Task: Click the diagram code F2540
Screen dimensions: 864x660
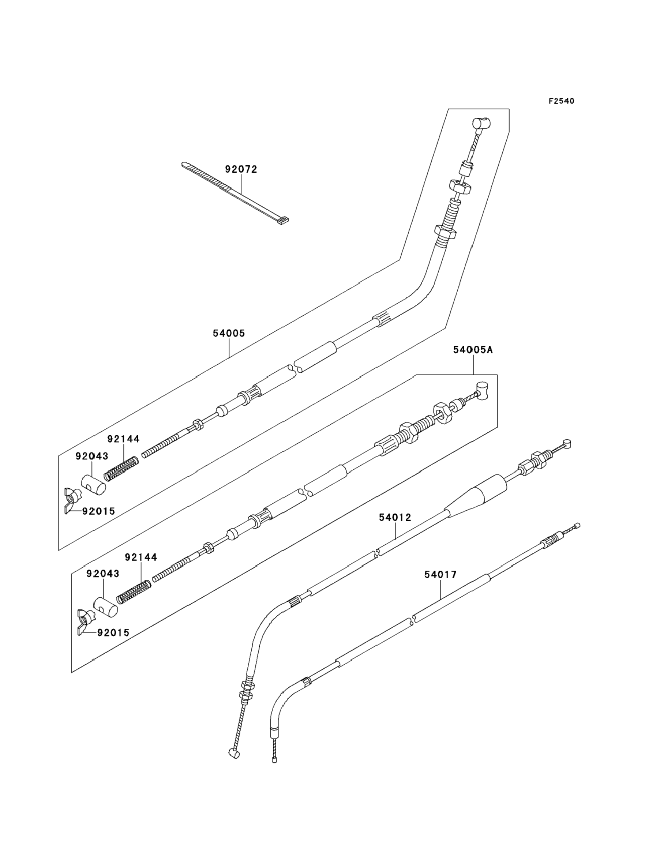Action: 561,101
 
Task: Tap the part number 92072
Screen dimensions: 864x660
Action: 241,169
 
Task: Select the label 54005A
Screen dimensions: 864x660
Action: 473,350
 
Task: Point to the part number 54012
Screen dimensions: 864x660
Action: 395,518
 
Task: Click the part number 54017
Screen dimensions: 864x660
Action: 440,575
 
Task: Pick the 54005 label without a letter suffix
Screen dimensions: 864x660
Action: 229,334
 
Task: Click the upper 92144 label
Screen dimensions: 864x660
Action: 123,439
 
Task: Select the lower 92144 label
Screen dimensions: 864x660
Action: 140,557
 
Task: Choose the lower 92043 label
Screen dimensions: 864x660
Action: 103,574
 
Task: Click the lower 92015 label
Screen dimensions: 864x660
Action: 113,633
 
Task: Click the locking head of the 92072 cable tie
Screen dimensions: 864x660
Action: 282,221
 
